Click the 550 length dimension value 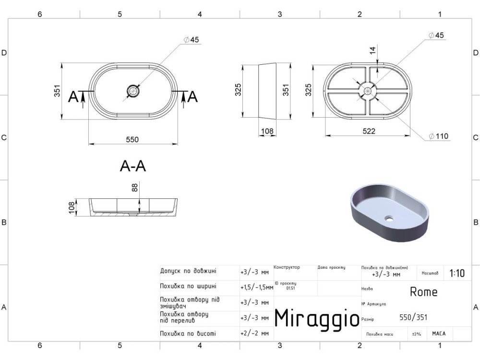tap(132, 140)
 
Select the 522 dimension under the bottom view tap(369, 131)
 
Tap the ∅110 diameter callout tap(439, 136)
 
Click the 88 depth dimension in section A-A tap(135, 188)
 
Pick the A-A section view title tap(132, 166)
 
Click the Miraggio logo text tap(316, 317)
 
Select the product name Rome tap(423, 291)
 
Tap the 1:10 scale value tap(456, 274)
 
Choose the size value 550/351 tap(413, 317)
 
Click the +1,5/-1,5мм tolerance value tap(256, 288)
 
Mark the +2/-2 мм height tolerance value tap(254, 333)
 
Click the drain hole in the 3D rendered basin tap(389, 219)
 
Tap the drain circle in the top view tap(132, 90)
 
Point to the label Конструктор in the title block tap(287, 267)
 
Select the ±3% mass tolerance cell tap(416, 334)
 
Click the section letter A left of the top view tap(73, 97)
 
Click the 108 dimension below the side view tap(266, 131)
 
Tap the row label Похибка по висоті tap(188, 333)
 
